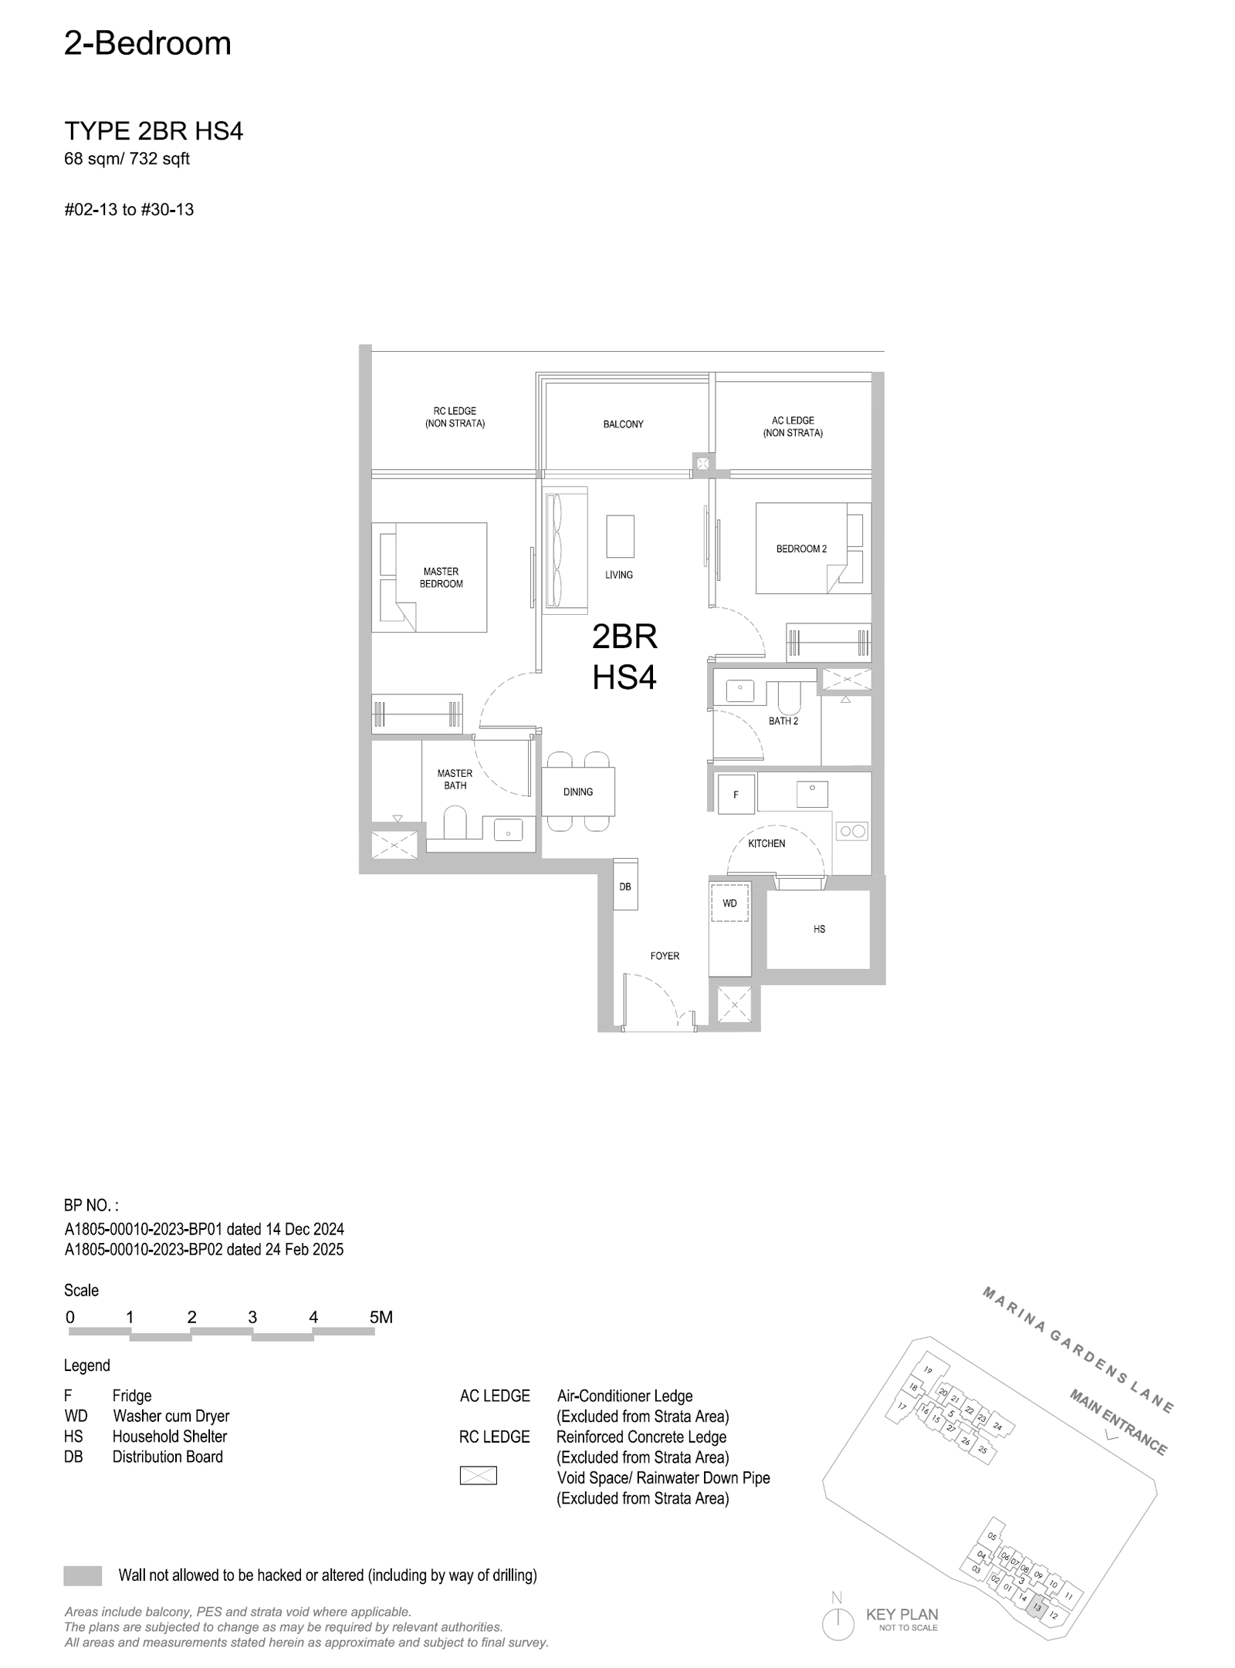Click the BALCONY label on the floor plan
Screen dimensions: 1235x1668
coord(623,424)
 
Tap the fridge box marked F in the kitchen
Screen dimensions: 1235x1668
coord(736,795)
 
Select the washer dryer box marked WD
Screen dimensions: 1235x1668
coord(729,903)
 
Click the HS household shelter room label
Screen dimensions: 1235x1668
coord(819,930)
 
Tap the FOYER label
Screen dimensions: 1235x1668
coord(665,956)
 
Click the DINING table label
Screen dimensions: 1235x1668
coord(578,792)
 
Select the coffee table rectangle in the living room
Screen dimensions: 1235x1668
coord(620,536)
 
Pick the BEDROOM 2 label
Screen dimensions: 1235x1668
coord(801,549)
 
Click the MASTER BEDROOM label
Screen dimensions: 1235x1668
coord(442,578)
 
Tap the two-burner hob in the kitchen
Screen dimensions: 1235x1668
coord(852,831)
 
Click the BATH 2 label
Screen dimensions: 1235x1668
coord(783,721)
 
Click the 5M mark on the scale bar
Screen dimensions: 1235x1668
coord(381,1317)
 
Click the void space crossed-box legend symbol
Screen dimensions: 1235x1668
coord(478,1476)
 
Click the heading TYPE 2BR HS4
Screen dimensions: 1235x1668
coord(154,132)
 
